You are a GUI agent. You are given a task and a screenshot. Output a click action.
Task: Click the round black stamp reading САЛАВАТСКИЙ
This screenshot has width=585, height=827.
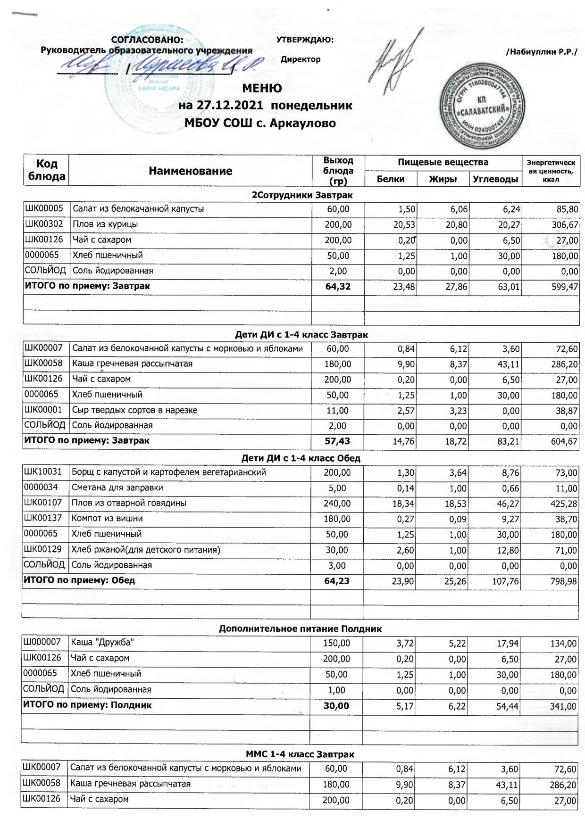[x=482, y=106]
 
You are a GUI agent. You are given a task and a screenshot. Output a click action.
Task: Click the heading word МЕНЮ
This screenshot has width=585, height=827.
[x=262, y=88]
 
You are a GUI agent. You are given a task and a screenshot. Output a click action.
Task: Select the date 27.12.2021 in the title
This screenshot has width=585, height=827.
[x=230, y=105]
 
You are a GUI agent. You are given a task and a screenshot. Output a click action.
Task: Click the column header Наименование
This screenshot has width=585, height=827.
[x=190, y=171]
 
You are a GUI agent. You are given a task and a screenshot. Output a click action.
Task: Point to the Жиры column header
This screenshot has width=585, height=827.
[x=443, y=179]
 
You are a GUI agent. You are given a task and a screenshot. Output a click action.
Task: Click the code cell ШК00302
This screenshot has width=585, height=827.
[x=44, y=224]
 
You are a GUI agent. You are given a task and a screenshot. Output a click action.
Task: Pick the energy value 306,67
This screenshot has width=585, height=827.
[x=565, y=225]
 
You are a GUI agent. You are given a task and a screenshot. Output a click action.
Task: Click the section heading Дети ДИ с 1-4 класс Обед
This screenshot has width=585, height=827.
[x=301, y=458]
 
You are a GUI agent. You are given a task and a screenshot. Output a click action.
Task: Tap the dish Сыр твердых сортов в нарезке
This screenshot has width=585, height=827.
[x=134, y=410]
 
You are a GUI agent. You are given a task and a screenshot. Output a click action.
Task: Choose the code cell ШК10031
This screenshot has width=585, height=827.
[x=43, y=472]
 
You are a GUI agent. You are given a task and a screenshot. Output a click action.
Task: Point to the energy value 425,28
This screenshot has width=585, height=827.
[x=563, y=504]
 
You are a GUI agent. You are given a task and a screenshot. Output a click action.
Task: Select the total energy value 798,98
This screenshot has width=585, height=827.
[x=563, y=581]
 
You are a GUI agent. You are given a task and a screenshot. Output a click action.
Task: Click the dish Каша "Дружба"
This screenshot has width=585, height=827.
[x=102, y=642]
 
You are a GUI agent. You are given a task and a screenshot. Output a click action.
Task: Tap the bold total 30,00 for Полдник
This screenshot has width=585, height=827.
[x=336, y=706]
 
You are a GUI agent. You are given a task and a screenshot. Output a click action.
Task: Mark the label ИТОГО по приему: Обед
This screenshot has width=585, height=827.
[x=79, y=580]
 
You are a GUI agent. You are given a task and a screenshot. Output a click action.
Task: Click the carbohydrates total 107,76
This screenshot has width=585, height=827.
[x=505, y=581]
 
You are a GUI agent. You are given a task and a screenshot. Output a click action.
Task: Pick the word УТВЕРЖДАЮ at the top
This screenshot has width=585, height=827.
[x=305, y=40]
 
